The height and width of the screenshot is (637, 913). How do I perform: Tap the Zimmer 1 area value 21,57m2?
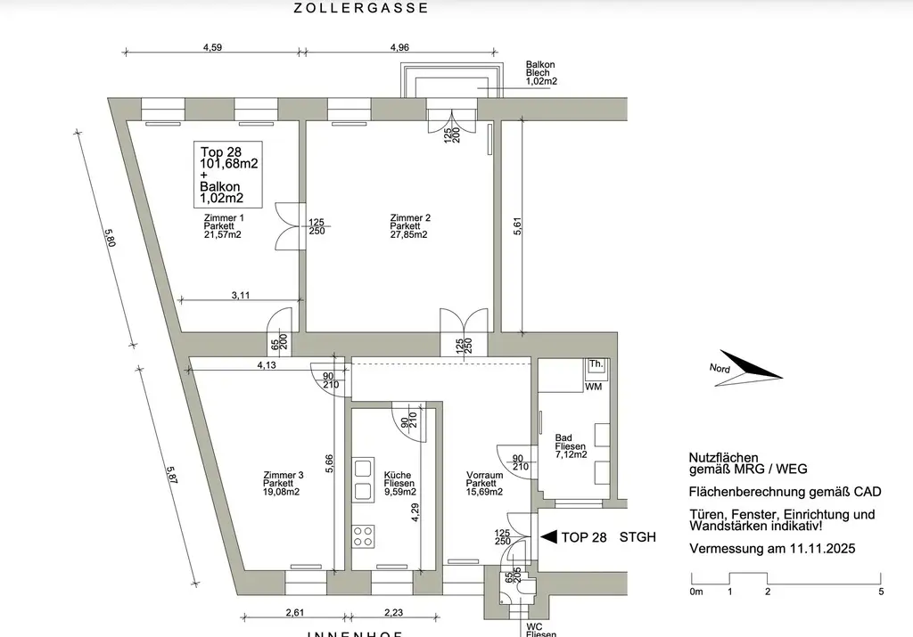pos(222,235)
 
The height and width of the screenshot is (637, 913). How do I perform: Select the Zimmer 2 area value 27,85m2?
pos(409,235)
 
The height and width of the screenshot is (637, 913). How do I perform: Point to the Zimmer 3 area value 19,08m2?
pos(282,492)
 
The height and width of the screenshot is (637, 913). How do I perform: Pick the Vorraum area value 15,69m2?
pos(485,492)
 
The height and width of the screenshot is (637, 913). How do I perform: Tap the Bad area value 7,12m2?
pos(571,454)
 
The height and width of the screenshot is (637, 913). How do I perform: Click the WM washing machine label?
pos(593,386)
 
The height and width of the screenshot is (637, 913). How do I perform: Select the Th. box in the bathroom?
pos(596,365)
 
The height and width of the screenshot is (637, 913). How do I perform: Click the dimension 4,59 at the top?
pos(213,48)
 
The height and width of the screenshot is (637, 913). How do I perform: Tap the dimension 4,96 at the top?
pos(399,48)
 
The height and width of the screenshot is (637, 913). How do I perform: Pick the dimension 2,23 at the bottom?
pos(391,612)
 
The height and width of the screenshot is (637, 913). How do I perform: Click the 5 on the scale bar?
pos(881,592)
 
